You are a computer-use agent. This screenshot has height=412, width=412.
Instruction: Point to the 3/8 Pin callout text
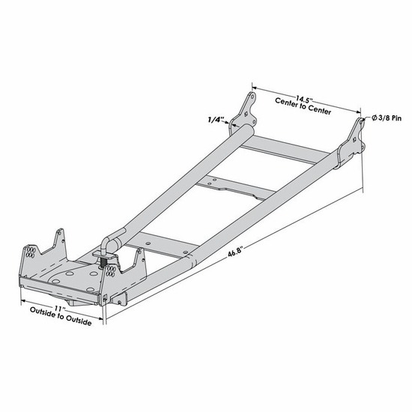384,118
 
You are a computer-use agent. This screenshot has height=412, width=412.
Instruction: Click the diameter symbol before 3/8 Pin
369,118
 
